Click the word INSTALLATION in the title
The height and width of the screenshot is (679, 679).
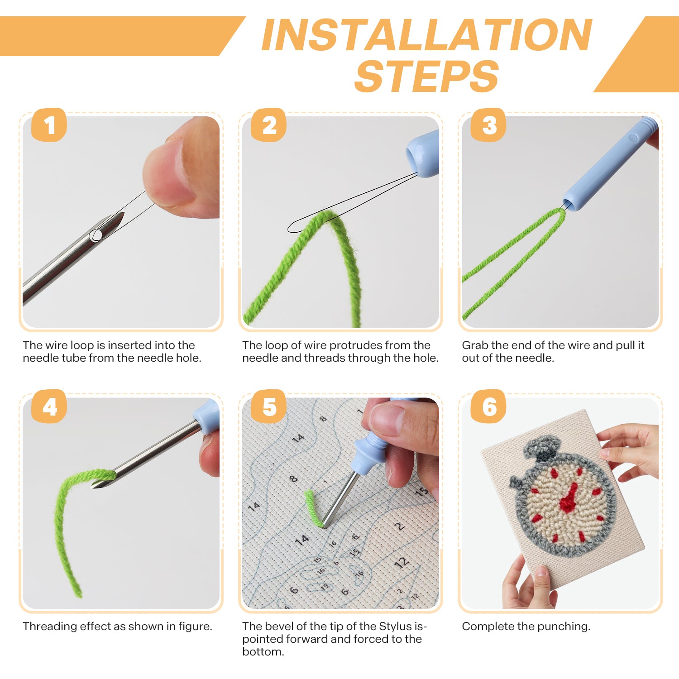pos(426,35)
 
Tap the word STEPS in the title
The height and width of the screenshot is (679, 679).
pos(426,76)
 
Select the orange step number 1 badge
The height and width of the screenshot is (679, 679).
pos(49,125)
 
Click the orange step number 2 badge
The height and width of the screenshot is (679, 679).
pos(269,125)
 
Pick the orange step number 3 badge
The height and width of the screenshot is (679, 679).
pos(488,125)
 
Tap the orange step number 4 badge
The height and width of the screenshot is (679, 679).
pos(49,406)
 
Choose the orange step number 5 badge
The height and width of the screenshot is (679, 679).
pos(269,406)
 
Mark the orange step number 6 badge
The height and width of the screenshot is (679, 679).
pos(488,406)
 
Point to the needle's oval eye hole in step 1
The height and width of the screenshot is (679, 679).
pos(96,235)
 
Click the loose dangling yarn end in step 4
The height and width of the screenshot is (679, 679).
pos(77,588)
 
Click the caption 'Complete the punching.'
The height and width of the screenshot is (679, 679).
pos(526,626)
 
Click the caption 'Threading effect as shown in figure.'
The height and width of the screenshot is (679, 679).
pos(117,626)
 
